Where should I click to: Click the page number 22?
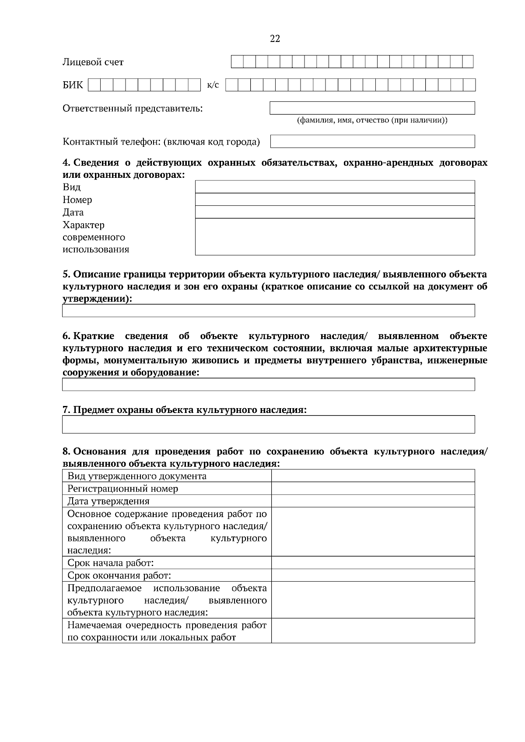(x=275, y=39)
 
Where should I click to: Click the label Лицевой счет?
(x=93, y=62)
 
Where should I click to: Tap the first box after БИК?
(x=94, y=84)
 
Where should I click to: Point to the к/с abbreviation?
(x=213, y=84)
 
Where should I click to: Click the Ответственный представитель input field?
(x=372, y=108)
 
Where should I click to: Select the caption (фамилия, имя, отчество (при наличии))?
(x=372, y=120)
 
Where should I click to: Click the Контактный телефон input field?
(x=372, y=141)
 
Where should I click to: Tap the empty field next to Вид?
(x=335, y=187)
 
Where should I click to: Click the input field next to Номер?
(x=335, y=199)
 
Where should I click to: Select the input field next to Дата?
(x=335, y=212)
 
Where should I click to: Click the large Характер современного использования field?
(x=335, y=236)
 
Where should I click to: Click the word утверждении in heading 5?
(x=96, y=299)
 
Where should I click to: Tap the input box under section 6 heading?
(x=268, y=385)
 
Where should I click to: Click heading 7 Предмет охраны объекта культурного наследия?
(x=184, y=410)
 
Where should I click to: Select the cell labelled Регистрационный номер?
(x=122, y=489)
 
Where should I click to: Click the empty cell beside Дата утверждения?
(x=373, y=501)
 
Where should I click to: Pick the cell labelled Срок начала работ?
(x=110, y=563)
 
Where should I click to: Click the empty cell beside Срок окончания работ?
(x=373, y=575)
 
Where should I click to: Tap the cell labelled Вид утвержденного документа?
(x=136, y=476)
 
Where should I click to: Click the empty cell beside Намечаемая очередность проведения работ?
(x=373, y=631)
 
